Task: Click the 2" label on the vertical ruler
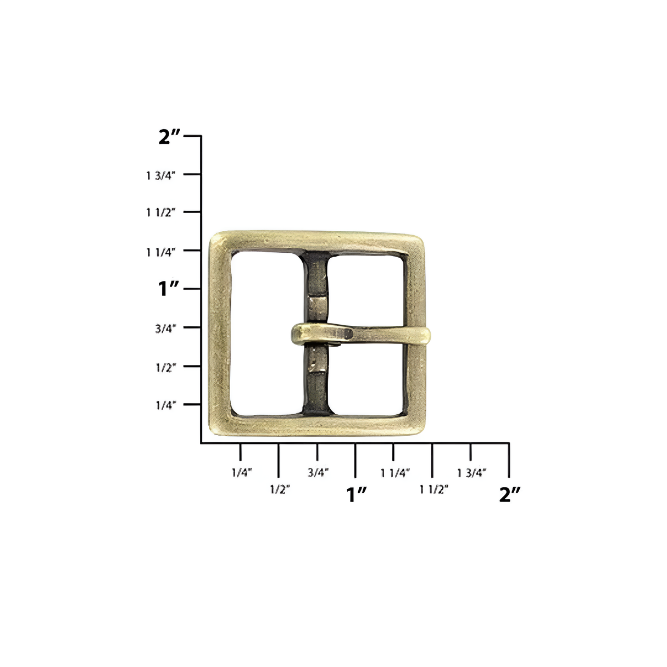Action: tap(169, 137)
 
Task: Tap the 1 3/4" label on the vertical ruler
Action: tap(160, 176)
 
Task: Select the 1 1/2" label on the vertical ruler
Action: tap(160, 213)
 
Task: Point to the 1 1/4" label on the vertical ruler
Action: tap(160, 252)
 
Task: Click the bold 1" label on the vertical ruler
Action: tap(169, 289)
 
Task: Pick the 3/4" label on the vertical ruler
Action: tap(165, 329)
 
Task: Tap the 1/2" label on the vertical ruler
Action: tap(165, 367)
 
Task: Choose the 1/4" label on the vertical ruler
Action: tap(165, 405)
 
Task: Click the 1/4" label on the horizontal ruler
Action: tap(241, 473)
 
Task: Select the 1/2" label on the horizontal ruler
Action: tap(280, 489)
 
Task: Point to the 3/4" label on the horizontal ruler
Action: tap(318, 473)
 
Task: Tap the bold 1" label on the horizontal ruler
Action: tap(356, 494)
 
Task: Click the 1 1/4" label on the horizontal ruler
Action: tap(395, 473)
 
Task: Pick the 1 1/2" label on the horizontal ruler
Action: tap(434, 489)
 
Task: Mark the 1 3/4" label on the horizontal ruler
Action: tap(472, 473)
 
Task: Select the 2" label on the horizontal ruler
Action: tap(509, 494)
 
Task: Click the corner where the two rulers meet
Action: tap(201, 443)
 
